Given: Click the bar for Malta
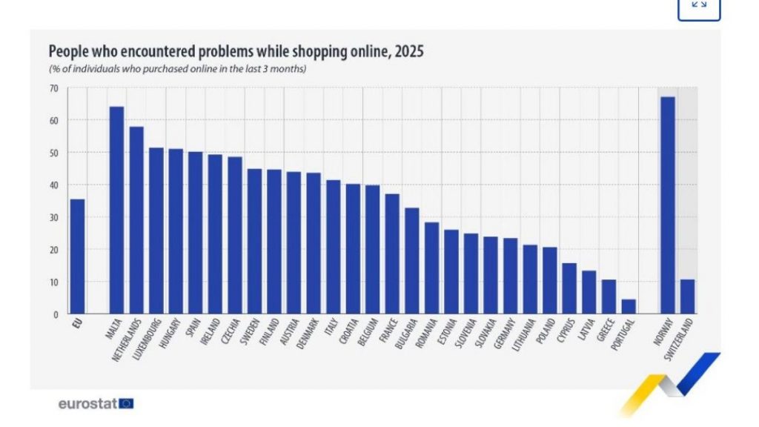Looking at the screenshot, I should [116, 211].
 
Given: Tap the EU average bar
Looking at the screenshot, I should [77, 256].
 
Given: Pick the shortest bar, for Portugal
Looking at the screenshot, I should [628, 306].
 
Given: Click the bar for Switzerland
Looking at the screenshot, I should [687, 297].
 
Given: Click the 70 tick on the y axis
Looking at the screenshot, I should [54, 88].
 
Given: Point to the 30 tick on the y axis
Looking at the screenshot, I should [54, 217].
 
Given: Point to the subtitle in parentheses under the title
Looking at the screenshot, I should [178, 69].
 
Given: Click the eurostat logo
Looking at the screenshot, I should [96, 404].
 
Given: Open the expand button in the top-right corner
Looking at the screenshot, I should [698, 7].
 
